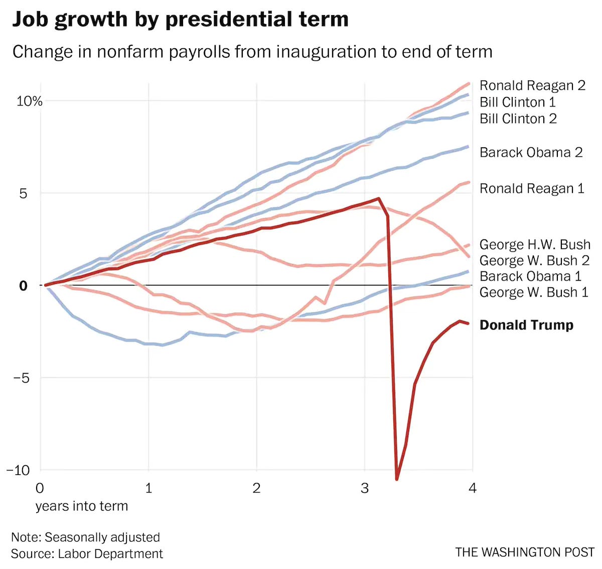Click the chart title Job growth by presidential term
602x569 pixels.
pyautogui.click(x=180, y=20)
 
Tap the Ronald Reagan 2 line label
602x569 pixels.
pyautogui.click(x=532, y=85)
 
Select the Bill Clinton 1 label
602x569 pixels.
pyautogui.click(x=518, y=102)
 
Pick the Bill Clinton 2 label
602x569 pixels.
pyautogui.click(x=518, y=119)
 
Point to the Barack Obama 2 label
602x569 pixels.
pyautogui.click(x=531, y=152)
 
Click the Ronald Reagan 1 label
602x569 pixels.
pyautogui.click(x=532, y=188)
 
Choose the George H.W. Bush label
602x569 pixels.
pyautogui.click(x=535, y=245)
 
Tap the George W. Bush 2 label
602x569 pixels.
pyautogui.click(x=534, y=260)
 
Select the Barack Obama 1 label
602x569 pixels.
pyautogui.click(x=530, y=276)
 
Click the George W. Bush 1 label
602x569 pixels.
pyautogui.click(x=534, y=292)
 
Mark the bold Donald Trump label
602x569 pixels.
pyautogui.click(x=526, y=325)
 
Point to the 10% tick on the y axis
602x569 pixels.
pyautogui.click(x=30, y=101)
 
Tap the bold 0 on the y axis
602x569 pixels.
pyautogui.click(x=23, y=286)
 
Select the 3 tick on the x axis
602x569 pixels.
pyautogui.click(x=365, y=488)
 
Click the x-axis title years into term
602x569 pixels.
pyautogui.click(x=81, y=506)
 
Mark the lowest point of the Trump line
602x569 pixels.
pyautogui.click(x=397, y=479)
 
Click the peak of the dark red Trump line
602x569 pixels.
pyautogui.click(x=378, y=198)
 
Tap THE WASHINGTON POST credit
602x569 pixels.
pyautogui.click(x=525, y=552)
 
